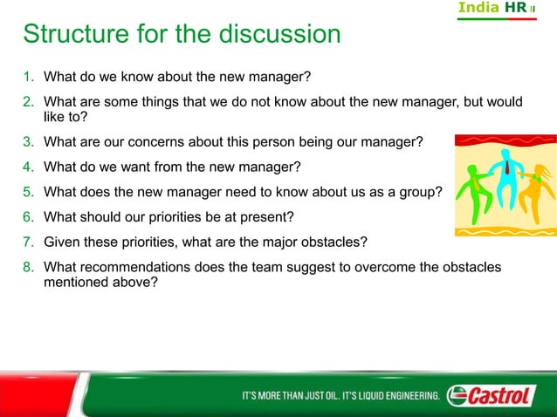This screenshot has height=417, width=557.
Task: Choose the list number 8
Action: (29, 267)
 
